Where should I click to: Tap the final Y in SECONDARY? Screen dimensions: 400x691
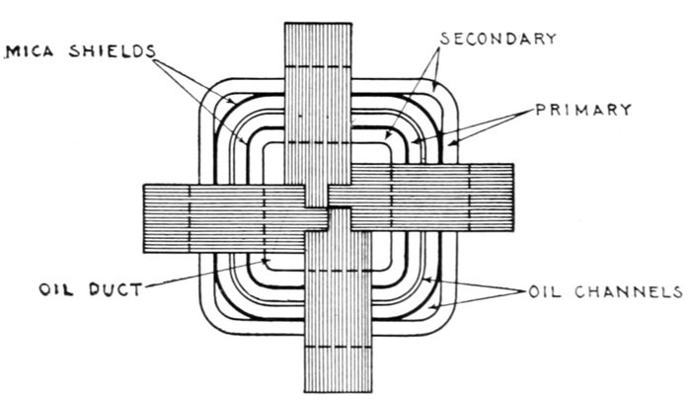(x=551, y=39)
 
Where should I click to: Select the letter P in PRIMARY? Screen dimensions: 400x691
(x=541, y=110)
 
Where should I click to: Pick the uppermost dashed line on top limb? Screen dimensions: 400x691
(x=317, y=67)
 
